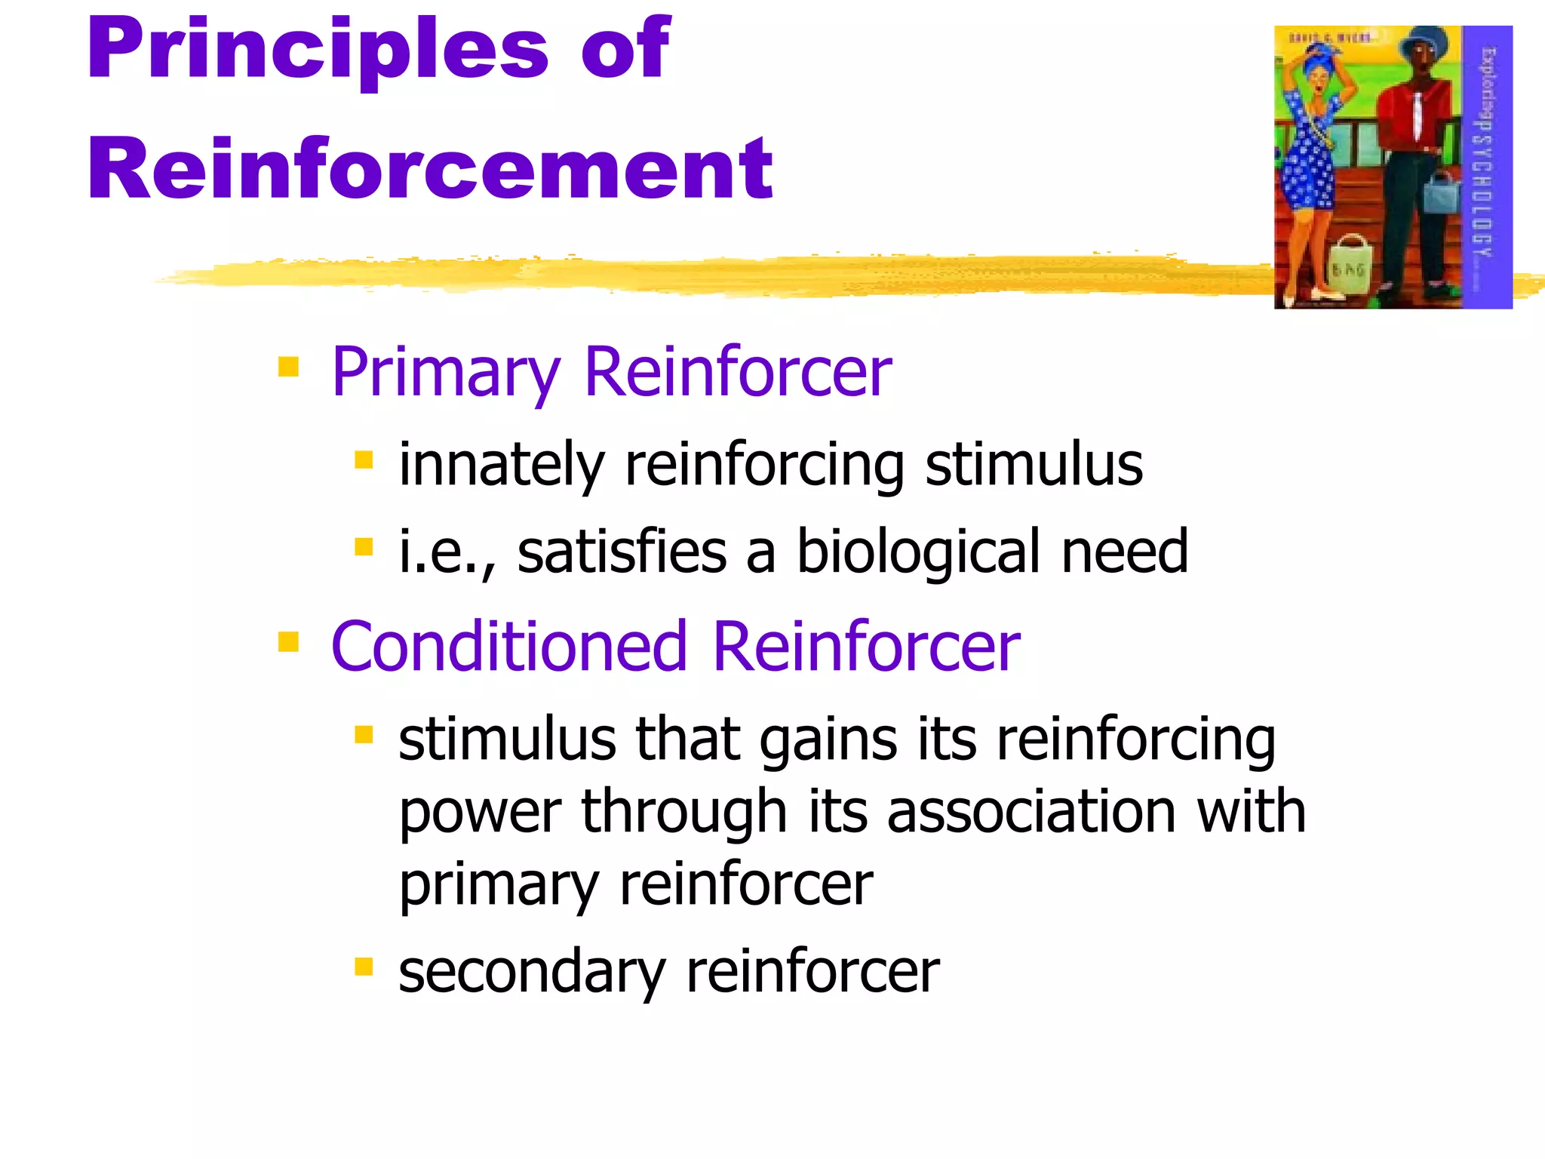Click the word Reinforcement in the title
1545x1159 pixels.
click(x=430, y=171)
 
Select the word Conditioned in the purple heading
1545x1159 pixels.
click(x=509, y=647)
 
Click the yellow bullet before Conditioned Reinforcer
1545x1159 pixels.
click(x=288, y=642)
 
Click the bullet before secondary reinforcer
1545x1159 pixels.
click(x=364, y=966)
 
